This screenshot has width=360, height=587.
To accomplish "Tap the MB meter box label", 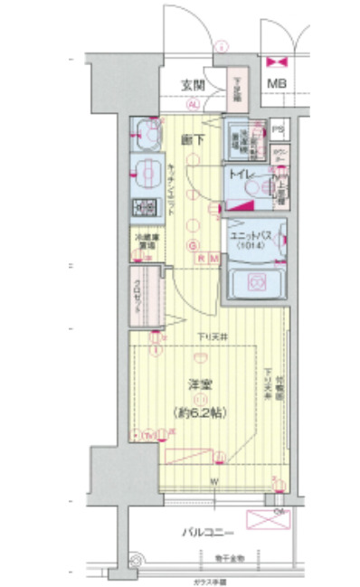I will point(274,88).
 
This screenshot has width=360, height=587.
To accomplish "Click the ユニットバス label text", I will point(250,233).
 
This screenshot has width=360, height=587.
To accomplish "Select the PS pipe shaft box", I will point(278,128).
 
